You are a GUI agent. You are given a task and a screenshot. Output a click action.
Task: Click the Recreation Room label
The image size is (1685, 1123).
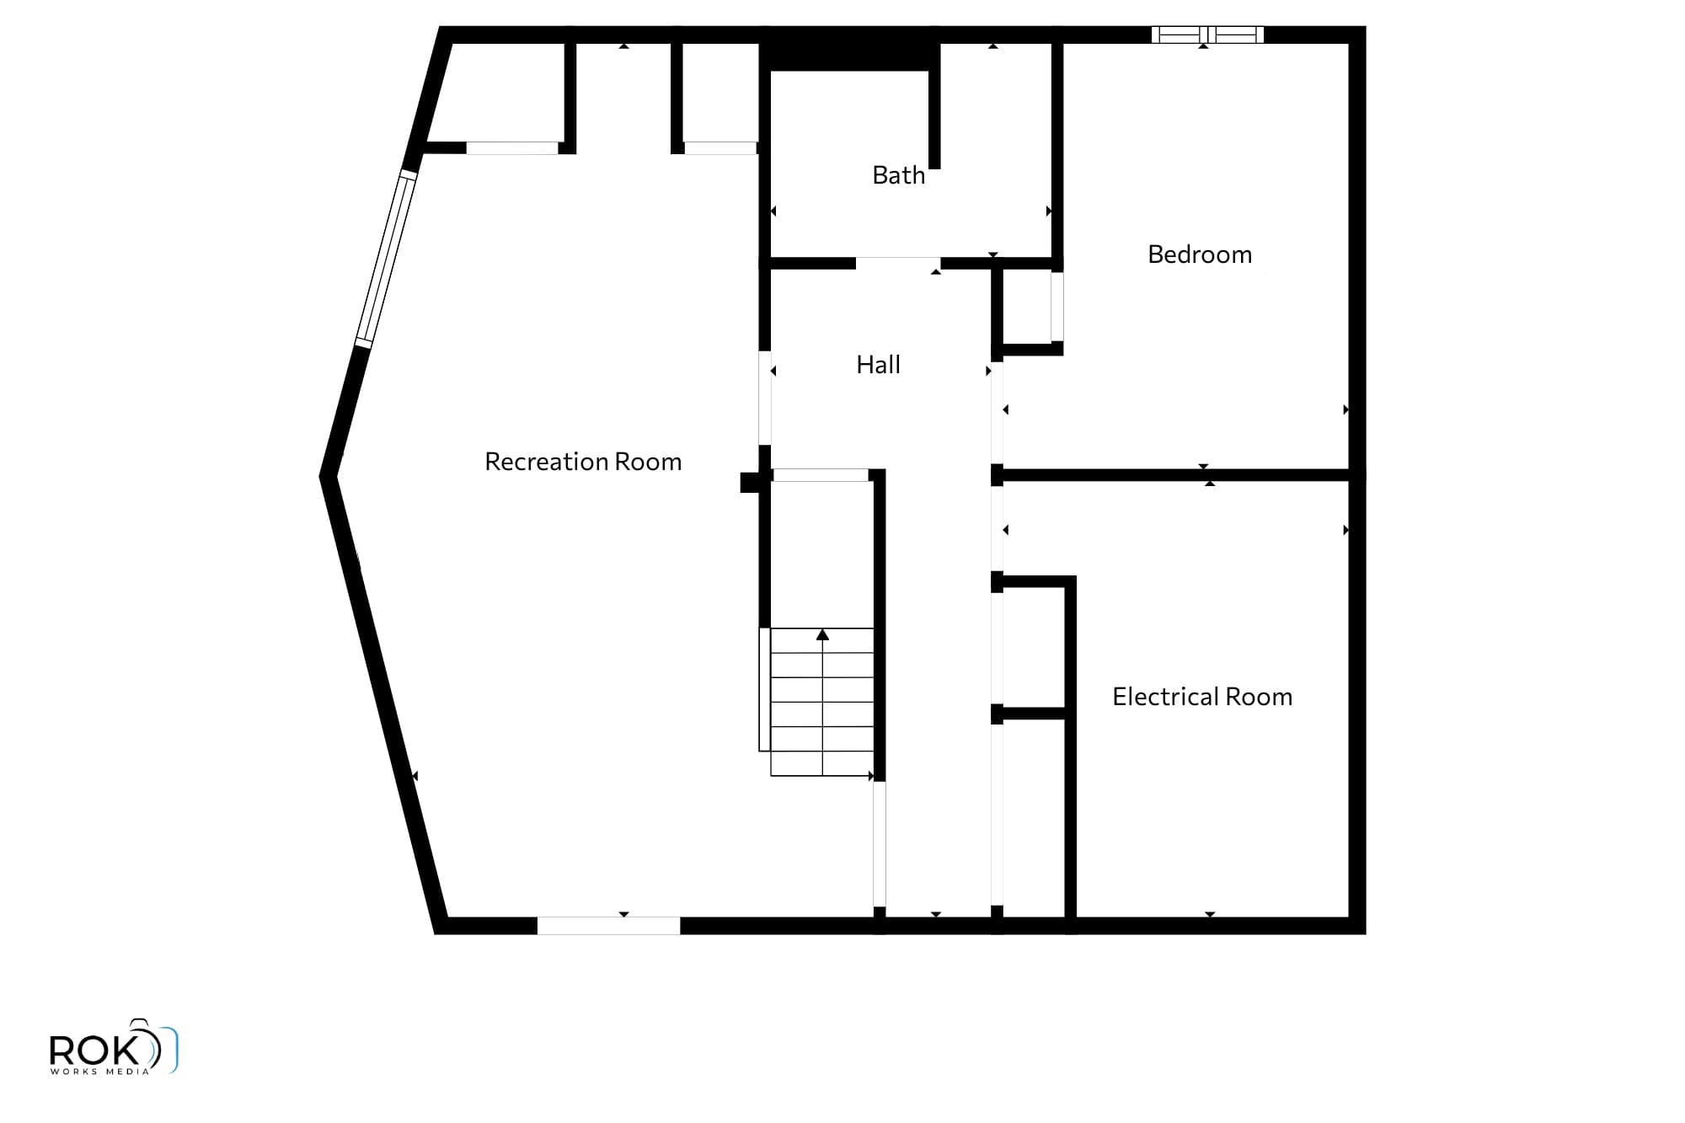point(583,462)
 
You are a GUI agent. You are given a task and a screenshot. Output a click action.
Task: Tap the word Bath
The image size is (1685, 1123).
point(898,175)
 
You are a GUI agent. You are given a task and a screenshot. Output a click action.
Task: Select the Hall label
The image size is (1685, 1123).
point(878,365)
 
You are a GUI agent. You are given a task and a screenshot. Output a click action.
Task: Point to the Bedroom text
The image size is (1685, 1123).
point(1200,254)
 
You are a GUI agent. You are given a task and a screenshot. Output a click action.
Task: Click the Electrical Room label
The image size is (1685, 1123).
point(1202,697)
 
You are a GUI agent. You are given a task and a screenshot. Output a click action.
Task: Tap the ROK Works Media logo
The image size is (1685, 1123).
point(114,1047)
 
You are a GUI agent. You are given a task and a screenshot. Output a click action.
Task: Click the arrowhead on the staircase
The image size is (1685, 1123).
point(822,634)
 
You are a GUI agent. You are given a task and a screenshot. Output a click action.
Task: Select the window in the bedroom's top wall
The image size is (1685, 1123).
point(1208,35)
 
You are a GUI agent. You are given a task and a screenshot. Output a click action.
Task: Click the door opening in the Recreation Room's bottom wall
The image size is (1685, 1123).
point(608,926)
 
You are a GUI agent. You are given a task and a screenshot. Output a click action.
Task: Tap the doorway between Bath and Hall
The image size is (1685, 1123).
point(898,264)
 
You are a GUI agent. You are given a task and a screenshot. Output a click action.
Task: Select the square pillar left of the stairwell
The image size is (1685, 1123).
point(750,482)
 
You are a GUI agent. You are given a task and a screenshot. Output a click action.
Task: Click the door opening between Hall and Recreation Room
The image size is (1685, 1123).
point(765,398)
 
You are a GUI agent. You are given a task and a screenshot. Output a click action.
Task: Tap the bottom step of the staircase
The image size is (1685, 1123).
point(822,763)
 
